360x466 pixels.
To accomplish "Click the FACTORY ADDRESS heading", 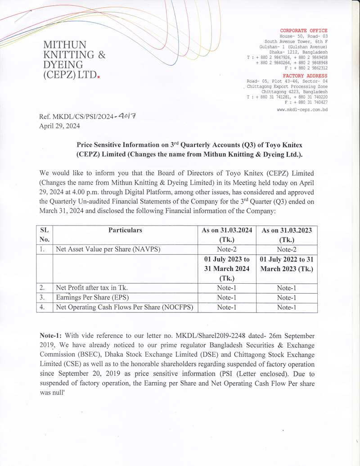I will coord(305,76).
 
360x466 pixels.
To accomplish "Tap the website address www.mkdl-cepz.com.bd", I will coord(302,109).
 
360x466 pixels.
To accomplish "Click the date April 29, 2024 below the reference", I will coord(59,126).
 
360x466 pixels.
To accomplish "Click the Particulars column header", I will coord(125,230).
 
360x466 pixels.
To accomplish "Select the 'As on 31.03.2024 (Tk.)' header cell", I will coord(227,235).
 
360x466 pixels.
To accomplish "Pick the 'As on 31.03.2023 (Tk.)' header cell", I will coord(286,235).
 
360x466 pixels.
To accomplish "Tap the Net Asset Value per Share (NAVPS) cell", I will coord(108,249).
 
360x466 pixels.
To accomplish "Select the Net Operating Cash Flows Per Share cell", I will coord(124,308).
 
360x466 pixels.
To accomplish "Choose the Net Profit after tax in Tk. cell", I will coord(91,287).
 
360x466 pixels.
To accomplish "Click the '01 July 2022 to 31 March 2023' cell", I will coord(286,264).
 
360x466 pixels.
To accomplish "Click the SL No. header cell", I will coord(44,235).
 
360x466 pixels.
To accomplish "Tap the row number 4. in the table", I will coord(42,308).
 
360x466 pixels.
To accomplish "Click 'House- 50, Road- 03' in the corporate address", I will coord(303,36).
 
